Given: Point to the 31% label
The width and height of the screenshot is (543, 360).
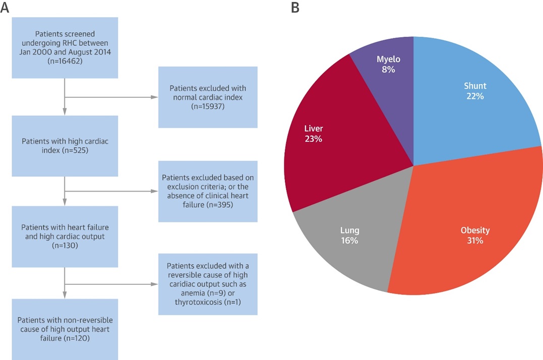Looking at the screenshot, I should (474, 241).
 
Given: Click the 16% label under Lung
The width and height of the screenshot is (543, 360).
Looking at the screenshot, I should (349, 241).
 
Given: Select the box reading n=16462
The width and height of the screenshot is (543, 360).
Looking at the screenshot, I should (65, 48).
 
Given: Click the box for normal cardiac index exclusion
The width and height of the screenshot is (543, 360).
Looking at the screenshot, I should (208, 97).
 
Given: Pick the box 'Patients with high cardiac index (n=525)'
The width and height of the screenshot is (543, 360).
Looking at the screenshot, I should (65, 146).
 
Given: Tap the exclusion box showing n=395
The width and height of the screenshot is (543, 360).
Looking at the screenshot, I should (208, 191).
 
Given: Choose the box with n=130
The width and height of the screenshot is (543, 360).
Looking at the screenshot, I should (65, 236).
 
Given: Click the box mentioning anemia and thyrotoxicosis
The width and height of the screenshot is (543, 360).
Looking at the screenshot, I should (208, 284).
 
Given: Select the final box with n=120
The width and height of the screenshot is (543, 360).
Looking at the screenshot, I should (65, 329).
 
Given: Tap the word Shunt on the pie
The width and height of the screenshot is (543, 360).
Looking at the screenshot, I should (475, 86).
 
